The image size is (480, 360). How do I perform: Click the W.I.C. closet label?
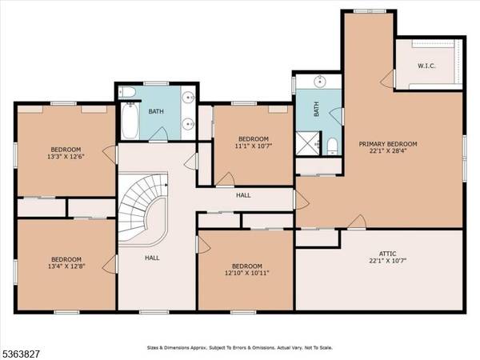(x=426, y=66)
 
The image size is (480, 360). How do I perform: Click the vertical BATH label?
(x=316, y=109)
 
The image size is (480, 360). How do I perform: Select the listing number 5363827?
(x=22, y=354)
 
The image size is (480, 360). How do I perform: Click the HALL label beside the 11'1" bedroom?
(x=243, y=195)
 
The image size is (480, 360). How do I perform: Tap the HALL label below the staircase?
(x=151, y=258)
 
